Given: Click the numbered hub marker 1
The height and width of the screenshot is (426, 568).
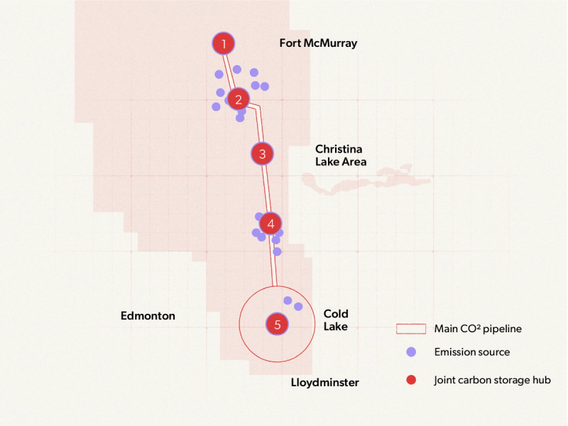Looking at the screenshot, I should coord(224,44).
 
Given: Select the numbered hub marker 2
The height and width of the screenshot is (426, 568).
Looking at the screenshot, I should coord(239,99).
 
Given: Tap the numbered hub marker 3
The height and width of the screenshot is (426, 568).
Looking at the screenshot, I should coord(262,153).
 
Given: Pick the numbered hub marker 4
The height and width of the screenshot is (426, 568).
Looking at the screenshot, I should coord(271,224).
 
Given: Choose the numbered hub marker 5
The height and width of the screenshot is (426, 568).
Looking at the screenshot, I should coord(278,324).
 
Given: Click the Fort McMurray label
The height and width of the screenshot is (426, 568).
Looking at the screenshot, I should coord(318,43).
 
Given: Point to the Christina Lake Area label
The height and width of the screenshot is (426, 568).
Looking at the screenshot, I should coord(341,155).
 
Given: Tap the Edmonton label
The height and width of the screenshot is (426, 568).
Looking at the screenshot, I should coord(148,316).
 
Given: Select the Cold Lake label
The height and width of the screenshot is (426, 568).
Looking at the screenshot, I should coord(336,320).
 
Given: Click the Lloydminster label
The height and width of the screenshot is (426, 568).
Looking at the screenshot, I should coord(325,383).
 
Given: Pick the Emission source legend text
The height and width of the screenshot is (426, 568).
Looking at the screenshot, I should coord(472,351).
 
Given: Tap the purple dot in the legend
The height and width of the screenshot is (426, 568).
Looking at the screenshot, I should coord(410,351).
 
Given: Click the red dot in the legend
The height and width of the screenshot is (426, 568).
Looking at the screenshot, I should coord(410,380).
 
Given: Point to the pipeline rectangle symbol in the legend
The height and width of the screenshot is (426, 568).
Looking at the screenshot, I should coord(410,329).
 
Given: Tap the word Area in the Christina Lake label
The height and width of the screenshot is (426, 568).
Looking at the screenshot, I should coord(352,162).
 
